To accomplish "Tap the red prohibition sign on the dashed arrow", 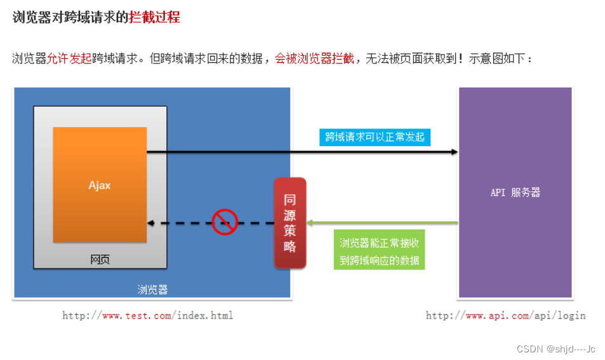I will [225, 222].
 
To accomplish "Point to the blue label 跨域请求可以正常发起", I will [375, 137].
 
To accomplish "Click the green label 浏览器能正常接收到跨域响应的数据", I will [379, 251].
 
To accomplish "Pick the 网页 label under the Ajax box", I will [100, 259].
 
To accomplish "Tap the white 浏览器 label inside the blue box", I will [152, 290].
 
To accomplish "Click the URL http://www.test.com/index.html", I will [147, 315].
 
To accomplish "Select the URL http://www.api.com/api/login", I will [505, 315].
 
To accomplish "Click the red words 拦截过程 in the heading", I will [154, 17].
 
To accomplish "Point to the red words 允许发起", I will [69, 58].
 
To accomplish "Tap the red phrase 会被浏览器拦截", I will [314, 58].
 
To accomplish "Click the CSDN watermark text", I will [555, 349].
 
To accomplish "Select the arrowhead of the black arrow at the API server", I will [454, 152].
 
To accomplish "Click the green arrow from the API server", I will [381, 223].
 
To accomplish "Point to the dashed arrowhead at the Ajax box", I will [150, 223].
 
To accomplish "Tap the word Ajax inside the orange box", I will [100, 185].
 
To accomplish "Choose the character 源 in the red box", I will [290, 215].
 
